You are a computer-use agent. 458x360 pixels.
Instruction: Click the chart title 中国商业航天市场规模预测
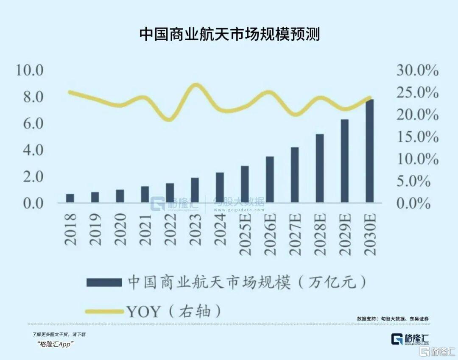click(229, 34)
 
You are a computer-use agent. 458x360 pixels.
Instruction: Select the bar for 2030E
click(370, 151)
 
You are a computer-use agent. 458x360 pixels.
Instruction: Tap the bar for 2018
click(70, 198)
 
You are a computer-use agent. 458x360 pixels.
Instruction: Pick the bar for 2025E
click(245, 184)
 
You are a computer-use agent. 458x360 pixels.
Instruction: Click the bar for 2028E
click(320, 168)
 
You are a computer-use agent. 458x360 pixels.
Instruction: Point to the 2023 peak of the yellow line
click(195, 85)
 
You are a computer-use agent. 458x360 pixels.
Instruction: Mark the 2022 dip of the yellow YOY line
click(169, 120)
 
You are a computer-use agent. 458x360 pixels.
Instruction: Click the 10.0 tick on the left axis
click(30, 70)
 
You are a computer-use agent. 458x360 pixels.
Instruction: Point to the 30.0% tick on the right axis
click(417, 70)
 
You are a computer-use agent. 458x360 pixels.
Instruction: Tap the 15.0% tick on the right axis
click(417, 137)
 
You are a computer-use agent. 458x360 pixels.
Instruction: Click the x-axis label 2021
click(145, 229)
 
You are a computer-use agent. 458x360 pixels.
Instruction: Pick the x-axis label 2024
click(220, 229)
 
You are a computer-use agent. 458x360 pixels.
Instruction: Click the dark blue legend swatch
click(104, 282)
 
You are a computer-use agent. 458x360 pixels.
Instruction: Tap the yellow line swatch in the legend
click(104, 312)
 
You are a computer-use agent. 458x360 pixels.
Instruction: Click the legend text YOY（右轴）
click(174, 312)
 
